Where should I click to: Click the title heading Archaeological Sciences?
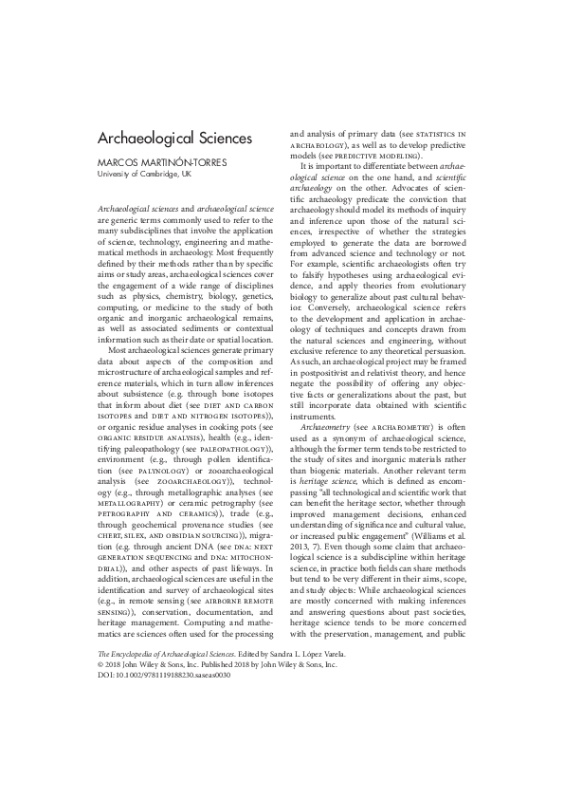coord(175,139)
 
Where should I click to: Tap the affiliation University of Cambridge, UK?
coord(145,175)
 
